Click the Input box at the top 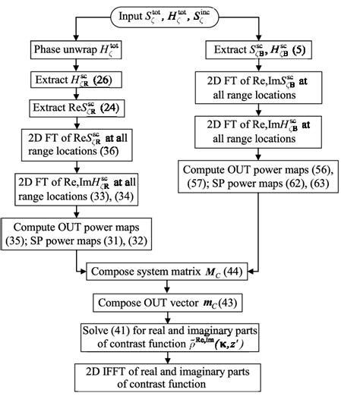point(180,15)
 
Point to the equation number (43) point(241,303)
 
